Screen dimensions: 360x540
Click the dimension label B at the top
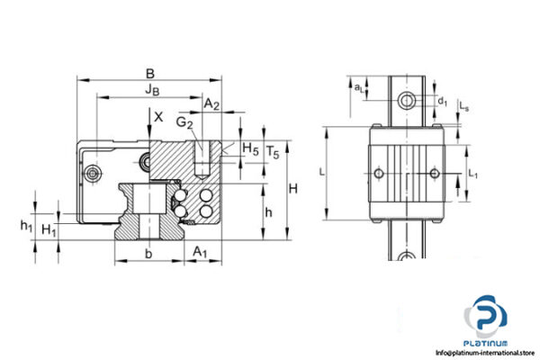click(150, 73)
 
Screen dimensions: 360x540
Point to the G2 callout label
click(184, 121)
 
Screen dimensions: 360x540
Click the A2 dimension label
click(211, 105)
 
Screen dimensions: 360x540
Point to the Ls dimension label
click(463, 106)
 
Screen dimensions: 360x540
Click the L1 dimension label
click(475, 169)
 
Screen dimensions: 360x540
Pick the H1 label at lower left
click(50, 230)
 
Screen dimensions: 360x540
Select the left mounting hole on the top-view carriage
click(378, 173)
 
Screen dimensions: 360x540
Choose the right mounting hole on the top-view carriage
click(435, 173)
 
